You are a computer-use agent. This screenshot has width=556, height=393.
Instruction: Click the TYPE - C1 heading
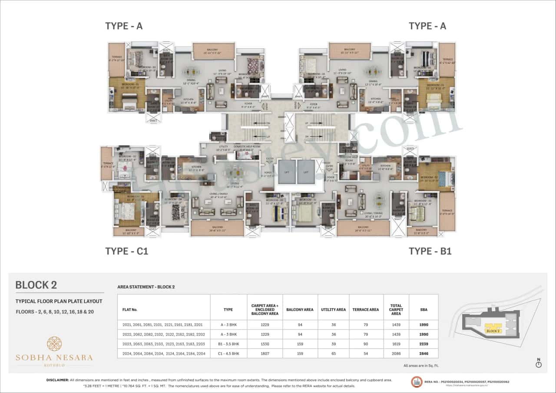pos(126,251)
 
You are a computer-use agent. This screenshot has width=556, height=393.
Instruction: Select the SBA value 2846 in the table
pos(424,353)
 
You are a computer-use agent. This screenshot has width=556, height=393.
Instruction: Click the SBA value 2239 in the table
pos(424,344)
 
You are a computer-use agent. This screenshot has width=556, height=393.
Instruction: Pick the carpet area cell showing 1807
pos(265,353)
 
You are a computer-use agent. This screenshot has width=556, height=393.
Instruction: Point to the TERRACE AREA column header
pos(366,310)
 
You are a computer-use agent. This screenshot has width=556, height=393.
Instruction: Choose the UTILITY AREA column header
pos(333,310)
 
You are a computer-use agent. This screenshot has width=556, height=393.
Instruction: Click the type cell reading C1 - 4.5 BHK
pos(228,353)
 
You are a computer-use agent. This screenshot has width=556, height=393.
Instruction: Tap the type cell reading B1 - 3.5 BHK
pos(228,344)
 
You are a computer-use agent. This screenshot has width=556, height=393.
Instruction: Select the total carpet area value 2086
pos(396,353)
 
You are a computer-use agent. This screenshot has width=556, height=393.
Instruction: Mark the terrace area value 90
pos(366,344)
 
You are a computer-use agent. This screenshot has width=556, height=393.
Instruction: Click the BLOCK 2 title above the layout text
pos(36,285)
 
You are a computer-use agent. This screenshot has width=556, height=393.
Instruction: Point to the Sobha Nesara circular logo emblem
pos(54,343)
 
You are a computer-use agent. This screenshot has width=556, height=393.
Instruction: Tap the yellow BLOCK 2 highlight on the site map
pos(493,330)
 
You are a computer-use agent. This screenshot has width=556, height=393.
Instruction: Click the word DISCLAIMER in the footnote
pos(57,380)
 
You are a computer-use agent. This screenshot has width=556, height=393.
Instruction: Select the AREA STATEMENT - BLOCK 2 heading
pos(146,287)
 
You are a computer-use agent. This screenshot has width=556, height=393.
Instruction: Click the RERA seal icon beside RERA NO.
pos(417,382)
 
